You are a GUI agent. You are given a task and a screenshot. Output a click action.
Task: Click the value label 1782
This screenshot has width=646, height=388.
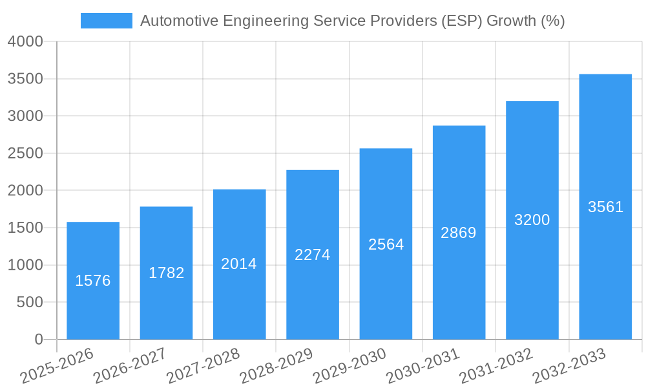167,273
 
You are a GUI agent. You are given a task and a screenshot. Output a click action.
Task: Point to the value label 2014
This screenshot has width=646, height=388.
239,264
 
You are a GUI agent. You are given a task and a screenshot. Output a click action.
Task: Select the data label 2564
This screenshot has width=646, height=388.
386,244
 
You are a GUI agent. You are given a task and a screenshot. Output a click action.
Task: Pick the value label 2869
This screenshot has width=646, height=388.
459,233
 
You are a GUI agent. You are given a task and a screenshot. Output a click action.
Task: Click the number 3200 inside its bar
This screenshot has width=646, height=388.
532,220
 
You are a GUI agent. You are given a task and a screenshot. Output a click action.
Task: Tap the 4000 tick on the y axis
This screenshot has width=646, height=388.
25,42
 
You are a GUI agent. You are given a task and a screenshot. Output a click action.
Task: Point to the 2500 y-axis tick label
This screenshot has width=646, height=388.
25,153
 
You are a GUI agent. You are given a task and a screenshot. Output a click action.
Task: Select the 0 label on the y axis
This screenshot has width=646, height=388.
39,339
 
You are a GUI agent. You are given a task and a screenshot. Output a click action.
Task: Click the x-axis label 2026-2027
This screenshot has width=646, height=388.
130,366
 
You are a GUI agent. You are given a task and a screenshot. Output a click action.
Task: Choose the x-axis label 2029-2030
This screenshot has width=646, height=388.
349,366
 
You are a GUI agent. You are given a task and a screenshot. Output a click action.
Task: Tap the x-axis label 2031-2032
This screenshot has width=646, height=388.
496,366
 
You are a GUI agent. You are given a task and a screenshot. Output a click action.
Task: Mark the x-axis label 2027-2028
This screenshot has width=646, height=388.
203,366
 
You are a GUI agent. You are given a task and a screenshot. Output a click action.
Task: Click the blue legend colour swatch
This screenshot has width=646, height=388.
106,21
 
